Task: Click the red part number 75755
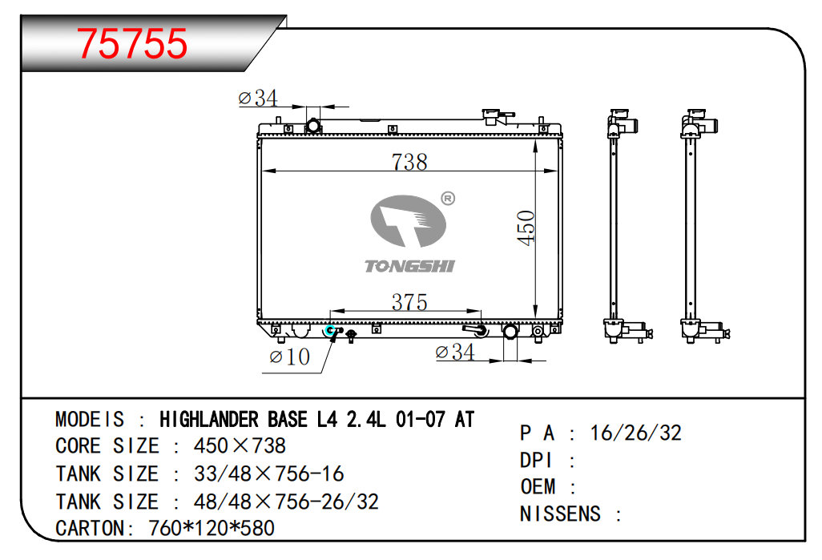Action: [x=132, y=43]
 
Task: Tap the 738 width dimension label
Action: [x=409, y=162]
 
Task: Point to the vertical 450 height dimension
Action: [x=526, y=228]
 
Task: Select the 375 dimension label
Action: [x=409, y=302]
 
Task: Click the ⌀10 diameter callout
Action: [x=289, y=357]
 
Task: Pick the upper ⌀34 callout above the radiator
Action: [x=257, y=98]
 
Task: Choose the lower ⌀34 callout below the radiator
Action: [x=455, y=352]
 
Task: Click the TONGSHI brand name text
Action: [x=409, y=266]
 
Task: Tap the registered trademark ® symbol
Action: [x=448, y=198]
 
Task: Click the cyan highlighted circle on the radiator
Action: [x=330, y=330]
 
